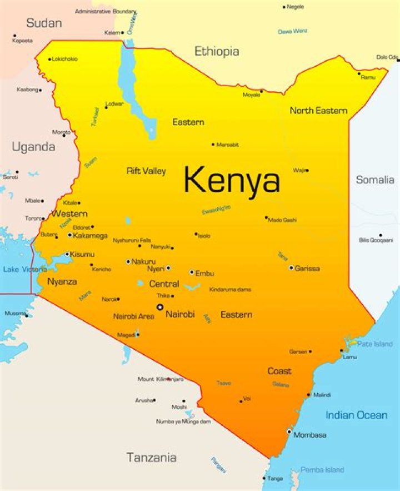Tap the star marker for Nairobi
(x=160, y=307)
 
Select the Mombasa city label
(x=309, y=435)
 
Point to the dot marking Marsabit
(x=213, y=145)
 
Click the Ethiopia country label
(x=217, y=52)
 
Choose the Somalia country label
(x=375, y=180)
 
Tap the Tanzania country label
(x=152, y=458)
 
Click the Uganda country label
(x=33, y=147)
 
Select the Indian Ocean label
(x=356, y=415)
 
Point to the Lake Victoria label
(x=25, y=269)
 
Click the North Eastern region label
(x=318, y=111)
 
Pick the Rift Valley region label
(x=146, y=171)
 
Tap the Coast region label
(x=279, y=371)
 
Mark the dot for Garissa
(x=291, y=268)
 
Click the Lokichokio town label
(x=65, y=59)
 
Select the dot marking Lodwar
(x=106, y=107)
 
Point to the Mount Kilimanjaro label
(x=161, y=379)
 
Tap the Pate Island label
(x=374, y=344)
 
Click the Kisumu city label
(x=82, y=254)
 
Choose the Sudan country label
(x=44, y=23)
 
